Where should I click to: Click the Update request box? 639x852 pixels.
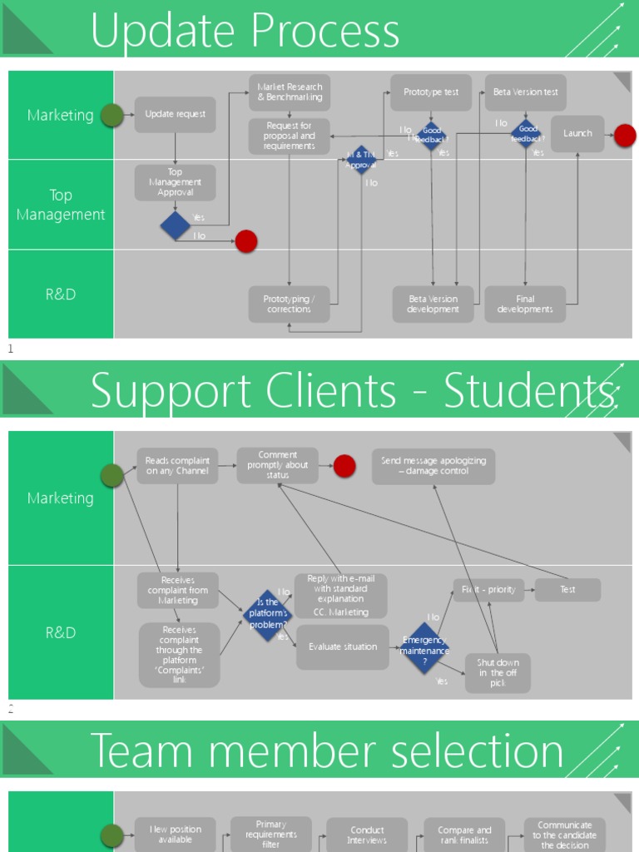click(x=175, y=115)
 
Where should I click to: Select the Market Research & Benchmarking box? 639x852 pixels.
click(x=290, y=92)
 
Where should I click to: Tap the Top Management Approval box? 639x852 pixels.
click(x=175, y=182)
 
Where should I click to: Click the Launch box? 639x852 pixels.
click(x=577, y=134)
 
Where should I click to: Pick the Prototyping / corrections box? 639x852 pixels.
click(x=289, y=305)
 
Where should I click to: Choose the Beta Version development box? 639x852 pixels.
click(x=433, y=305)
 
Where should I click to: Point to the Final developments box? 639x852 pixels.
click(x=525, y=305)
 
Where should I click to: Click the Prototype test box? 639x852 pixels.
click(x=431, y=92)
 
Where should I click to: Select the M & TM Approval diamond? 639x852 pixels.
click(x=361, y=160)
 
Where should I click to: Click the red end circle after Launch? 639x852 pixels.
click(x=625, y=136)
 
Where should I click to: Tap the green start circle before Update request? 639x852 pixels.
click(x=112, y=116)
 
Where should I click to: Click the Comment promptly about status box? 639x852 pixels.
click(x=278, y=466)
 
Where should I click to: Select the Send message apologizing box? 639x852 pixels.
click(x=433, y=466)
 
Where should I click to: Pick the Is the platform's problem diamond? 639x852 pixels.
click(x=268, y=615)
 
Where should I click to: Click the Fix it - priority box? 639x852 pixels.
click(x=488, y=590)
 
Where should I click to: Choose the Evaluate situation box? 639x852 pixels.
click(x=343, y=647)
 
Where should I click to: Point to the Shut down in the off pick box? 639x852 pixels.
click(x=498, y=672)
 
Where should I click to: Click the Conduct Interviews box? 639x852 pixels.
click(x=367, y=835)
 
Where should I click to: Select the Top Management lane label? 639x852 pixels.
click(x=61, y=205)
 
